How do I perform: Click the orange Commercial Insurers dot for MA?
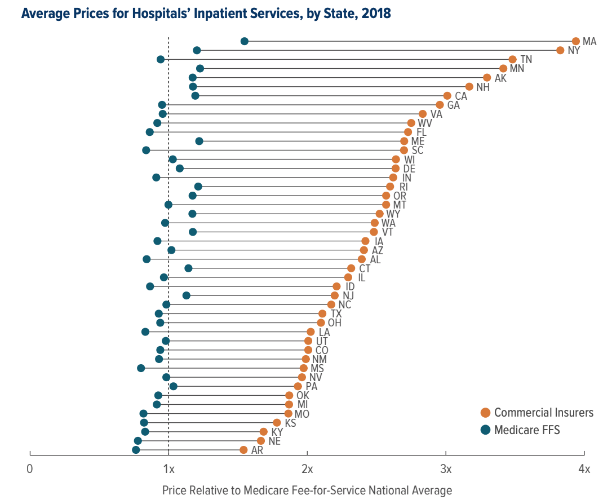[x=575, y=41]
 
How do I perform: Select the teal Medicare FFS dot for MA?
[x=245, y=41]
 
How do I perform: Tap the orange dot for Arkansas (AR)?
[x=243, y=450]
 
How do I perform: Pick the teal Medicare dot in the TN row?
[x=161, y=59]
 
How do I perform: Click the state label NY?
[x=574, y=50]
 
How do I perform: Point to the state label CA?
[x=461, y=96]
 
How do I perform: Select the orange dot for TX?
[x=322, y=313]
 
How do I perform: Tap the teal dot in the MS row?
[x=141, y=368]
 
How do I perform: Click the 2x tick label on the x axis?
[x=307, y=469]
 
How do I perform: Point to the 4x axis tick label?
[x=584, y=469]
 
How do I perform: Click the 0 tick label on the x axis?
[x=30, y=469]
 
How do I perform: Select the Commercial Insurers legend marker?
[x=485, y=413]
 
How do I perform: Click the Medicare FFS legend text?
[x=527, y=430]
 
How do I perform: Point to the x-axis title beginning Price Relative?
[x=307, y=490]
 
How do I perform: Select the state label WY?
[x=393, y=214]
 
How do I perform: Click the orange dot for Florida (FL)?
[x=408, y=132]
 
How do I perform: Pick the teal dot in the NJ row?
[x=187, y=295]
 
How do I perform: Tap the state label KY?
[x=277, y=432]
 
